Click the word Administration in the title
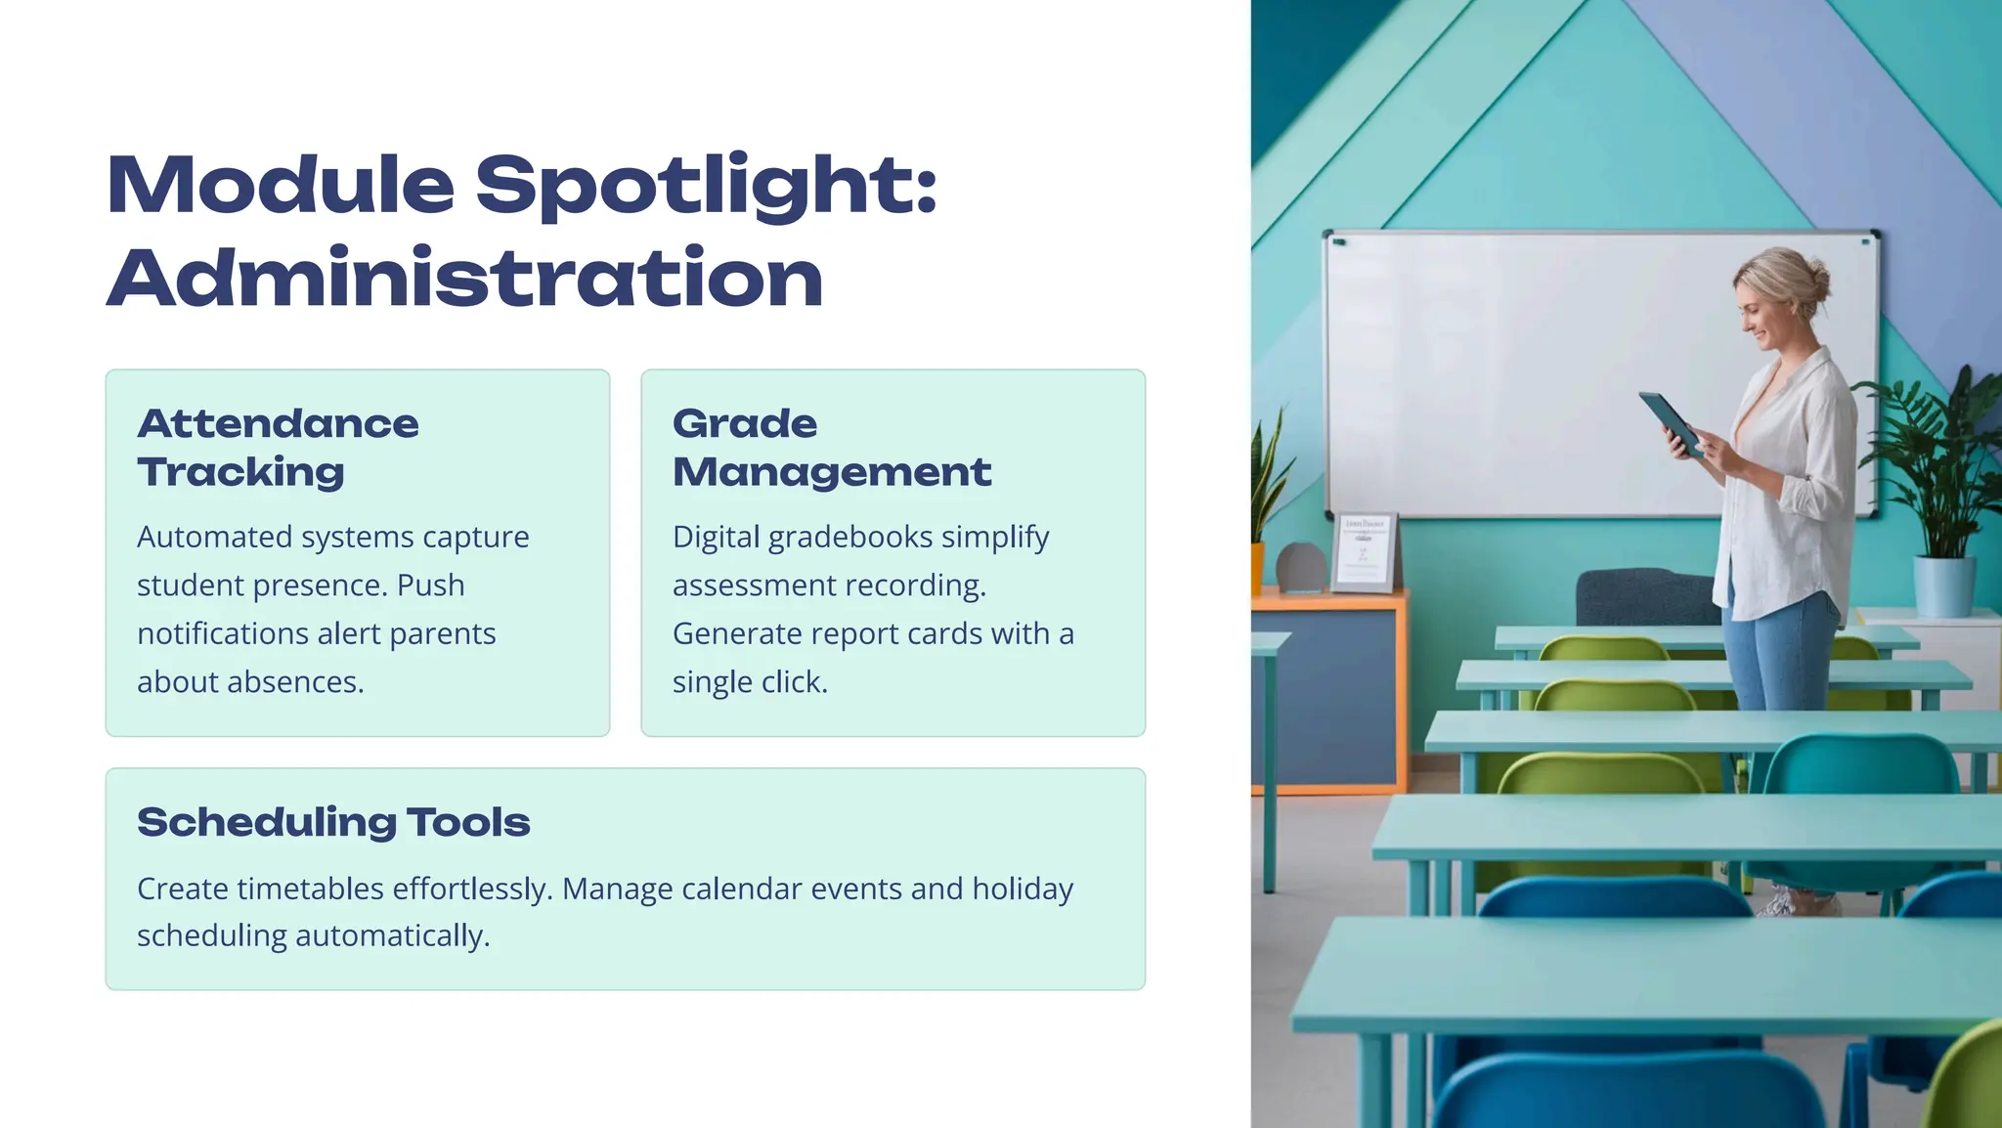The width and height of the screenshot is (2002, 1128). (x=464, y=279)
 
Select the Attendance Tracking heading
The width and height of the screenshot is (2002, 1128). (x=278, y=447)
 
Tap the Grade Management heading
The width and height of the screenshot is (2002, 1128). (x=831, y=447)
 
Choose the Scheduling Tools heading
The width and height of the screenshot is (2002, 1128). (x=333, y=822)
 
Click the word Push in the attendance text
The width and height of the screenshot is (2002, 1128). (x=430, y=586)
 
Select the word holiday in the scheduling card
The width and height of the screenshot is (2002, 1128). (x=1023, y=889)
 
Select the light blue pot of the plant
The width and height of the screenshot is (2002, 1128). (x=1943, y=586)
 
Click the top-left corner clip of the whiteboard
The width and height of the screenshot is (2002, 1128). (x=1337, y=240)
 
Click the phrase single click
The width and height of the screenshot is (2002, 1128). (x=749, y=682)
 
